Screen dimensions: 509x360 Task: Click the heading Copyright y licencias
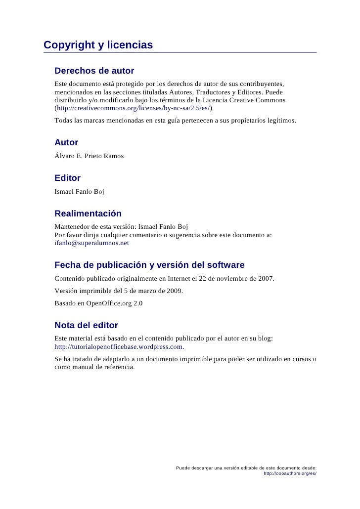[98, 45]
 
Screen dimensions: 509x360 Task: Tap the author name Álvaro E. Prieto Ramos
[89, 156]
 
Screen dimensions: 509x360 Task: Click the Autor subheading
[66, 142]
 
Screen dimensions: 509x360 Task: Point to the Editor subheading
[67, 178]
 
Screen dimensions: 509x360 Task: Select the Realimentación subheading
[88, 213]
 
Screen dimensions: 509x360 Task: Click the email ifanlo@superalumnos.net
[91, 243]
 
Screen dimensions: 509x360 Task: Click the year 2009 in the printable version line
[173, 291]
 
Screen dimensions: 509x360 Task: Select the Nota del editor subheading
[86, 325]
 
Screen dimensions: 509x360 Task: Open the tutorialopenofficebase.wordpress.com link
[119, 347]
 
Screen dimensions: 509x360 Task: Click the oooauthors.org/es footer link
[290, 473]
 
